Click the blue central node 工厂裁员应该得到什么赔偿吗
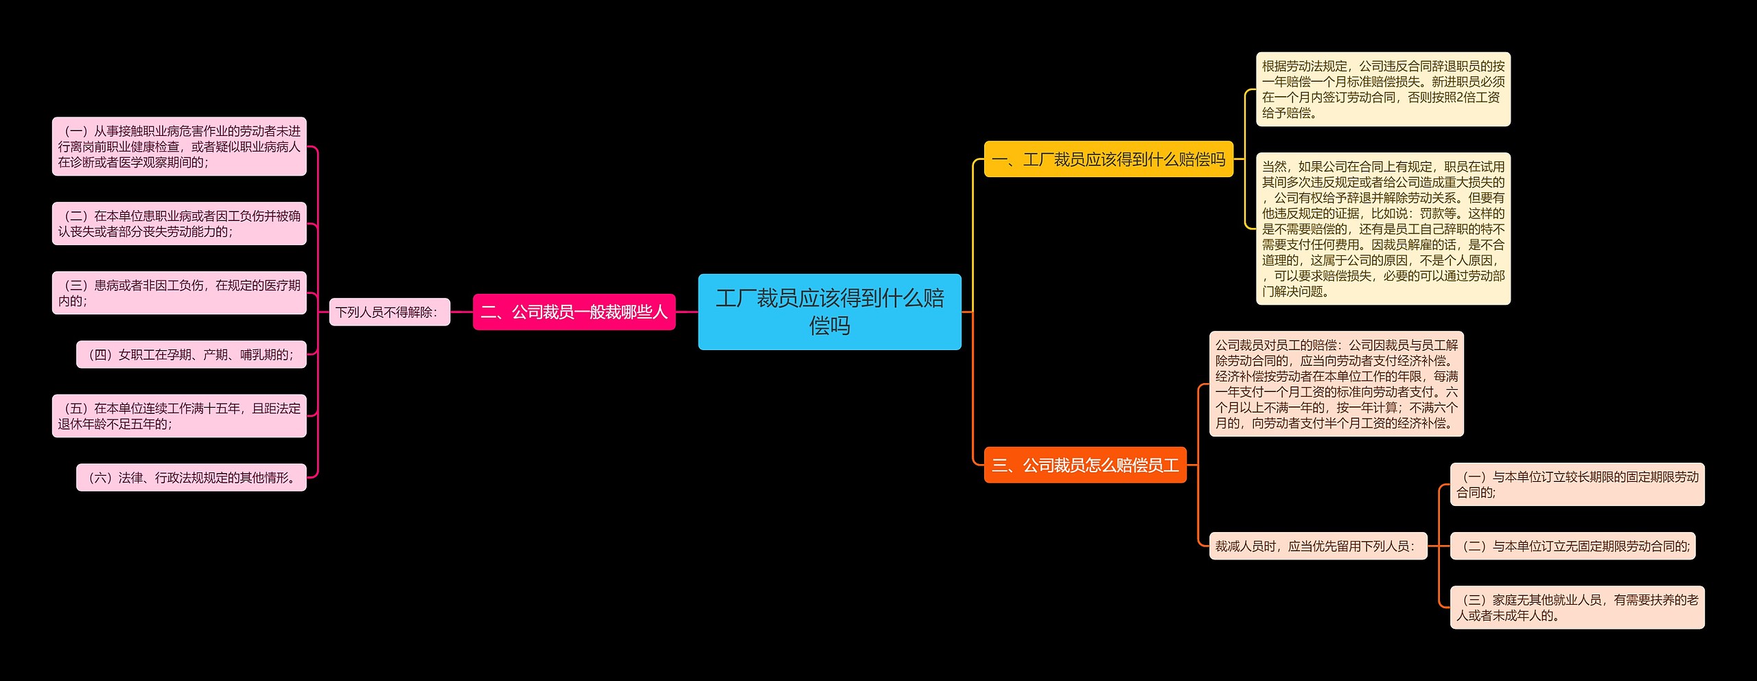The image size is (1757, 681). point(829,312)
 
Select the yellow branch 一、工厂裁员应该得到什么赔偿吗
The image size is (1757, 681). point(1108,159)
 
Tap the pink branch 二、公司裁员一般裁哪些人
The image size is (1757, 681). point(574,312)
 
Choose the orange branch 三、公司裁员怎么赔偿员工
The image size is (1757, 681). point(1084,465)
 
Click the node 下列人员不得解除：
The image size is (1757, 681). point(389,312)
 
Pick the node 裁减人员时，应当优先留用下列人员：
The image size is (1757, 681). point(1317,546)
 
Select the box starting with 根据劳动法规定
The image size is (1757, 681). point(1382,89)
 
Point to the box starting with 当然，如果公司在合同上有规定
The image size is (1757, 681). point(1382,229)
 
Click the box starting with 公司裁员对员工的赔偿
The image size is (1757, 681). point(1336,384)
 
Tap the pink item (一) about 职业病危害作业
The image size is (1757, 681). point(179,146)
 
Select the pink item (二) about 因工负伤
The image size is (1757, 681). point(179,224)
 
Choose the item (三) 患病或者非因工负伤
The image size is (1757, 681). point(179,293)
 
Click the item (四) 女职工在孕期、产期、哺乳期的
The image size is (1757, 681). point(191,355)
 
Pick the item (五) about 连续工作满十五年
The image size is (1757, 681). point(179,416)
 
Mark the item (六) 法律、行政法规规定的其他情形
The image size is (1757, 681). point(191,478)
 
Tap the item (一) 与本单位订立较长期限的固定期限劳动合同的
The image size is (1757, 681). point(1576,485)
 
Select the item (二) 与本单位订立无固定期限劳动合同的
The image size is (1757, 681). point(1572,546)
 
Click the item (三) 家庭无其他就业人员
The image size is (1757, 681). point(1576,608)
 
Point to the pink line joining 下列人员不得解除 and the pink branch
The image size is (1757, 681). point(461,312)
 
